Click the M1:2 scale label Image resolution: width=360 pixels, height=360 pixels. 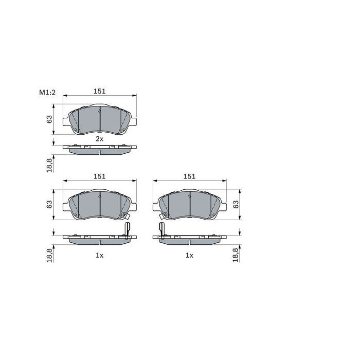47,92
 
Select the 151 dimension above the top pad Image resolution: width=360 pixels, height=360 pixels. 99,91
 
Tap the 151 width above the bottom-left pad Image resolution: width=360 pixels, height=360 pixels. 99,176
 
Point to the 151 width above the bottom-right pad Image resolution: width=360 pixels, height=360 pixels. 190,176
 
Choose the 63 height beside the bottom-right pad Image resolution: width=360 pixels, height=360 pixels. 236,204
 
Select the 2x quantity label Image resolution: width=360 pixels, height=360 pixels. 99,139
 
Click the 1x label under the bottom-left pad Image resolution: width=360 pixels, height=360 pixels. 99,255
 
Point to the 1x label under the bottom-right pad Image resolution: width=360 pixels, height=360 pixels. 190,255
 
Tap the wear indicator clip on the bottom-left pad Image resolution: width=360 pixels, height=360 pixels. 127,230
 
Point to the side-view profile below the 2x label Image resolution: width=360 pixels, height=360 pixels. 99,149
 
